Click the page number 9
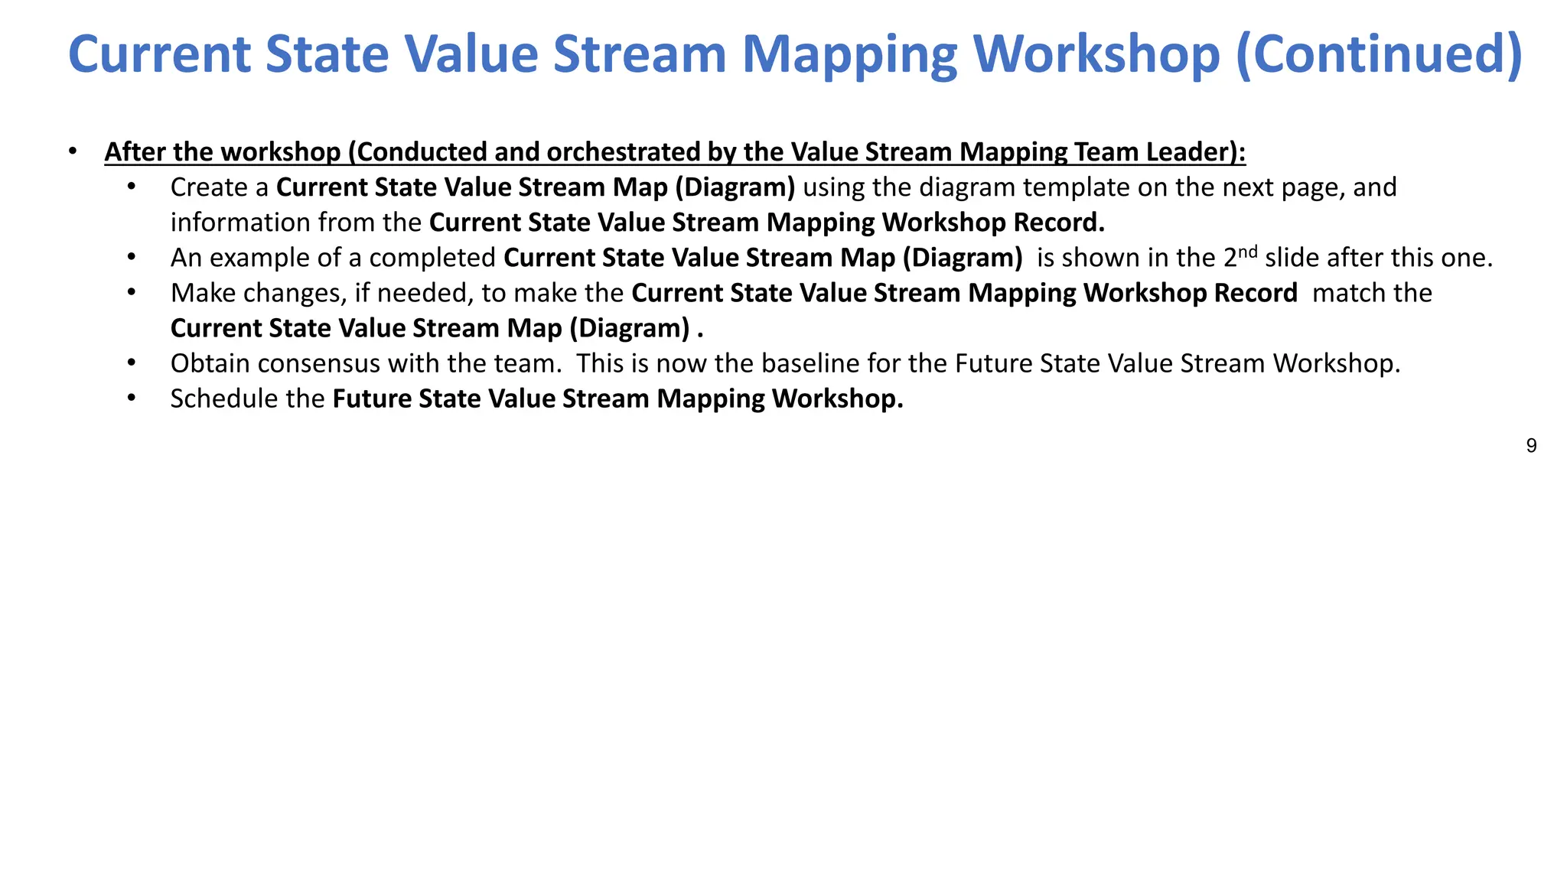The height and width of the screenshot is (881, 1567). pyautogui.click(x=1531, y=446)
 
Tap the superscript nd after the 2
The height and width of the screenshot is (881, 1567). pyautogui.click(x=1248, y=251)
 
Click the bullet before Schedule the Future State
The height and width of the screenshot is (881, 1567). pyautogui.click(x=132, y=398)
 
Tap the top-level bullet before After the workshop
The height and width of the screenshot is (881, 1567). pyautogui.click(x=73, y=151)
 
